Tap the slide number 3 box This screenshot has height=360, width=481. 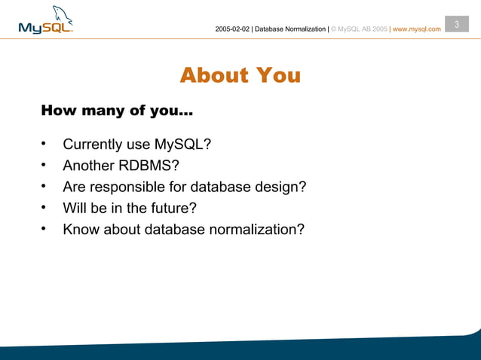coord(456,25)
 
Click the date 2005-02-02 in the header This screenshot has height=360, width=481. coord(232,29)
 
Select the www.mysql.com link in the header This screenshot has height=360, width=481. coord(417,29)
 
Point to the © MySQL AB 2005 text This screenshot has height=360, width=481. coord(359,29)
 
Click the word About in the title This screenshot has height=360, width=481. coord(213,75)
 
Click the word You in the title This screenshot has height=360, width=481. coord(277,75)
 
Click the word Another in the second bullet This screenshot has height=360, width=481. coord(87,166)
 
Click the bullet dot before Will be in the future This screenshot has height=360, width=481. coord(44,207)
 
